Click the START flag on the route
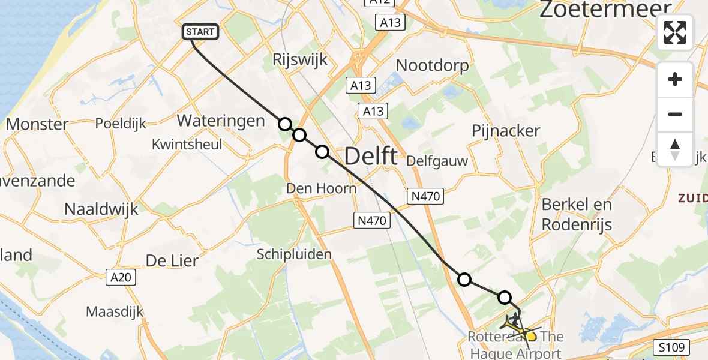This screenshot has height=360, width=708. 200,32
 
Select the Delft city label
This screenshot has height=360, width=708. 370,157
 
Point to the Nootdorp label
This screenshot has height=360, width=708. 432,65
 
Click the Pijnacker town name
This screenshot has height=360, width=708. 506,131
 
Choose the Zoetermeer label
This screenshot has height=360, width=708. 606,10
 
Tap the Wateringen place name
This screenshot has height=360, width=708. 221,121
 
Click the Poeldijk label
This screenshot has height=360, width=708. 121,124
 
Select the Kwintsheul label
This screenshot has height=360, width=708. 187,145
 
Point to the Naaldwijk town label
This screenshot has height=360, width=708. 101,209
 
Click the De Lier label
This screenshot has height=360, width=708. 172,261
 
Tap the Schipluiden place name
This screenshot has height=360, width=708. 294,254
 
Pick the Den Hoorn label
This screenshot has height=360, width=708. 321,188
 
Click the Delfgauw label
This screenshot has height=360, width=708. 437,161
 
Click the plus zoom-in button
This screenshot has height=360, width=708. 675,79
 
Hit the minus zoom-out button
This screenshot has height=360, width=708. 675,114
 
